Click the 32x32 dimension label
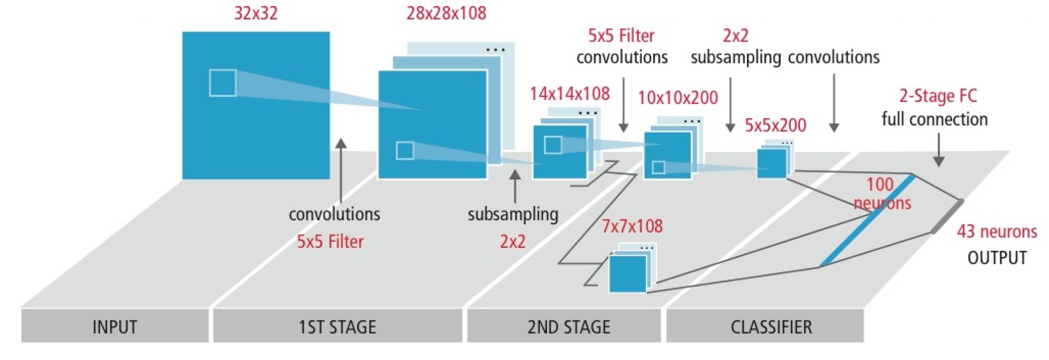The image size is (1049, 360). point(256,13)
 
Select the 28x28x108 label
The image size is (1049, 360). point(446,13)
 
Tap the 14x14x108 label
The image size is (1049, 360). point(570,94)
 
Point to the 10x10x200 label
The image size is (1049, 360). point(678,97)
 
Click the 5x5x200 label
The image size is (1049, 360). point(775,125)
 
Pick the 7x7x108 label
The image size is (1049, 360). point(632,226)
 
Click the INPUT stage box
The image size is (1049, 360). point(115,326)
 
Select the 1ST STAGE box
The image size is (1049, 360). point(337,326)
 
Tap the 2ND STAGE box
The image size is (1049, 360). point(569,326)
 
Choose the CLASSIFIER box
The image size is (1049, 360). point(771,326)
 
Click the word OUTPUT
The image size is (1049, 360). point(997,258)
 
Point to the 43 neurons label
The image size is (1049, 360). point(997,231)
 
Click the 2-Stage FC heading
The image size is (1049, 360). point(938,96)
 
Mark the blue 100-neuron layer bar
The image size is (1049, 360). point(868,221)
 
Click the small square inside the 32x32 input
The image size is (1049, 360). point(223,83)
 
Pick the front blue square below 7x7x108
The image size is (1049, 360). point(627,273)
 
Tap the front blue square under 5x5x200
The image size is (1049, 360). point(771,163)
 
